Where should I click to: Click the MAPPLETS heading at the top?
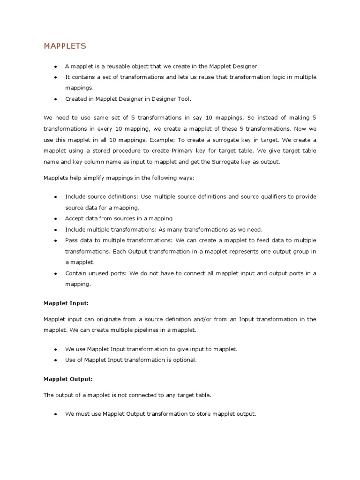click(x=65, y=46)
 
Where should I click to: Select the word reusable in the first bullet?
click(x=113, y=67)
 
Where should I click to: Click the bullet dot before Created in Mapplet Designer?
click(x=55, y=99)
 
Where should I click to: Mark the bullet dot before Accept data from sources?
click(x=55, y=219)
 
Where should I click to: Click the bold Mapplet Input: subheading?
click(x=66, y=303)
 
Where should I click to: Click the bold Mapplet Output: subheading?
click(x=68, y=378)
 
